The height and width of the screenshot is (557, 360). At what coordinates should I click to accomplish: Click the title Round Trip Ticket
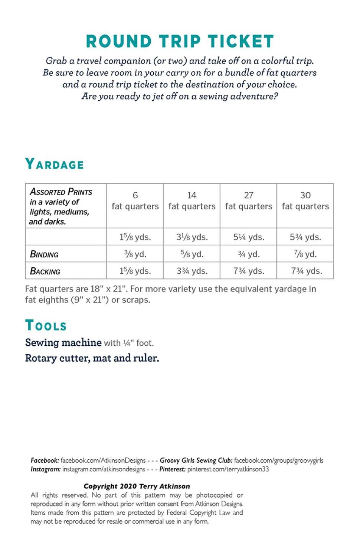click(180, 41)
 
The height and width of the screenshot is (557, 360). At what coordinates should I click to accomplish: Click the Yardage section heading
click(55, 164)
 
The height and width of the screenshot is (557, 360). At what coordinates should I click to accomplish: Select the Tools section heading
click(46, 325)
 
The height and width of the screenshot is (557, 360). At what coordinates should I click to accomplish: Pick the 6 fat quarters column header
click(135, 201)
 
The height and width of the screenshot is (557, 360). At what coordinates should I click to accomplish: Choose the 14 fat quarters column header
click(192, 201)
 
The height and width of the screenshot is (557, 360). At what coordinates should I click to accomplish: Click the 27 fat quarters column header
click(249, 201)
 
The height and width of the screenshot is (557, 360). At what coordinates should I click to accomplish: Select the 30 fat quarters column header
click(305, 201)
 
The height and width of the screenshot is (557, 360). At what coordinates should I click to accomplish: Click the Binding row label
click(44, 254)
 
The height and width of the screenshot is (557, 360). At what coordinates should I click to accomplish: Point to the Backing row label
click(45, 271)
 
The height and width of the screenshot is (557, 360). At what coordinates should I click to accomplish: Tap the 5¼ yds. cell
click(249, 237)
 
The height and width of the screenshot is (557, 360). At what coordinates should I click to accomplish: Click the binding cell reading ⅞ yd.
click(305, 254)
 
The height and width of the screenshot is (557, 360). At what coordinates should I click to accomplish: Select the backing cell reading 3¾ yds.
click(192, 271)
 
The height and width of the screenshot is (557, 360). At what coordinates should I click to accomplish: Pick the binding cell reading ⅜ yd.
click(135, 254)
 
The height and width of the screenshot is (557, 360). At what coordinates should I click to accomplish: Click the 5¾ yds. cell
click(305, 237)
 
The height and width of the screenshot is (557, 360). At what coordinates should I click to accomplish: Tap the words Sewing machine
click(63, 342)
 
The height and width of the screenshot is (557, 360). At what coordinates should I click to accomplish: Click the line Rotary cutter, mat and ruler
click(92, 358)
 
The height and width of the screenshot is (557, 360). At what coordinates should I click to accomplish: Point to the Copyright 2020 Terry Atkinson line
click(137, 486)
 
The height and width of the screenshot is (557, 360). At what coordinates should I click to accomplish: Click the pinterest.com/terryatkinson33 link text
click(228, 469)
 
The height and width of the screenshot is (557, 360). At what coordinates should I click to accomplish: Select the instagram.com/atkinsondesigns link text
click(104, 469)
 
